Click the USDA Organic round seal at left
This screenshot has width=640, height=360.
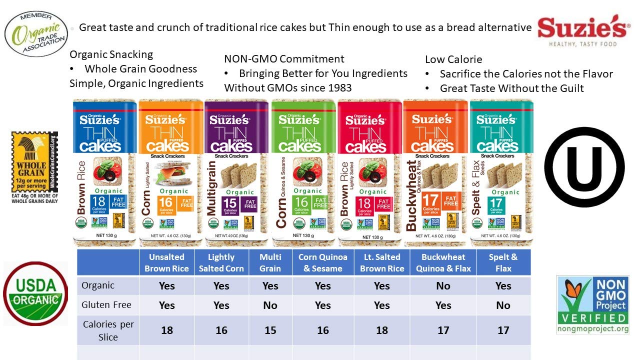tap(35, 293)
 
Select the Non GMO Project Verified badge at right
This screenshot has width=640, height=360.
tap(592, 304)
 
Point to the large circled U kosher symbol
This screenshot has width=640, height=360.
tap(584, 166)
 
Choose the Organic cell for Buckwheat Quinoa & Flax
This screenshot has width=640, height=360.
tap(443, 286)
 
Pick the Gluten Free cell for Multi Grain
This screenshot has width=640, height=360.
tap(270, 305)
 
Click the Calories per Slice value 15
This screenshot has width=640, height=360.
tap(270, 330)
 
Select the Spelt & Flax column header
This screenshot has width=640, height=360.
tap(503, 262)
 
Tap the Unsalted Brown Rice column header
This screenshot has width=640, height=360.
tap(166, 262)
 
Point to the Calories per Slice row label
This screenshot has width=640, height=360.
tap(108, 330)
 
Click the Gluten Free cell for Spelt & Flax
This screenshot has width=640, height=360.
tap(503, 305)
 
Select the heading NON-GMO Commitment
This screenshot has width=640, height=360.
tap(284, 59)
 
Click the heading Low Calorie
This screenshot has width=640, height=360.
tap(453, 59)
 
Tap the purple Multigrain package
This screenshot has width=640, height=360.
tap(236, 172)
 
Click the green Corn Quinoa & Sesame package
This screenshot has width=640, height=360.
tap(303, 172)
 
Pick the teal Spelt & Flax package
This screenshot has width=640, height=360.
tap(501, 172)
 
